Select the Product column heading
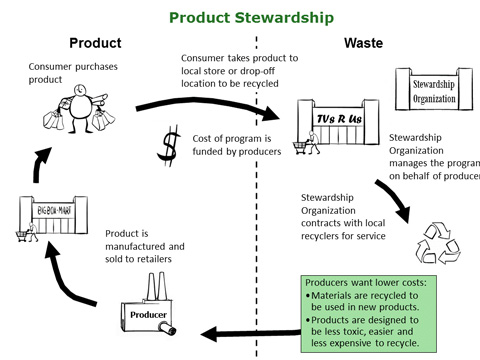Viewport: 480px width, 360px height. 95,44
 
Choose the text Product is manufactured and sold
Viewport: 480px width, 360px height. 146,248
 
